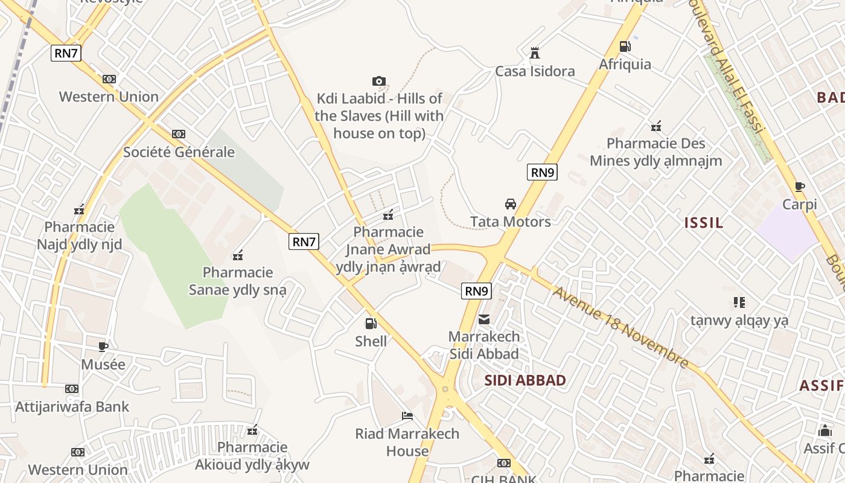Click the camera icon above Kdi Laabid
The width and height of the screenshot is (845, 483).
(379, 82)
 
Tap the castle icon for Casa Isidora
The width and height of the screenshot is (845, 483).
(535, 53)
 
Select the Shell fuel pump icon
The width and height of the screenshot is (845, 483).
(371, 324)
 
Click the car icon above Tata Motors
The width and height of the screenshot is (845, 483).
(511, 204)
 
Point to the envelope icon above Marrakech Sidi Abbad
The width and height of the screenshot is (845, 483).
(484, 319)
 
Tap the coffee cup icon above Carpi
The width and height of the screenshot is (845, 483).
(800, 187)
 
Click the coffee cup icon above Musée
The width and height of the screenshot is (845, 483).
(103, 347)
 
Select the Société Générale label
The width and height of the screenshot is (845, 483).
(179, 152)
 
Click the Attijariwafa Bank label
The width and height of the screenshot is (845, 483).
(72, 406)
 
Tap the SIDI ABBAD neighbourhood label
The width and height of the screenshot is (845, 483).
(525, 380)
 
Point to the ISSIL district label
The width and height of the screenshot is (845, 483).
(704, 223)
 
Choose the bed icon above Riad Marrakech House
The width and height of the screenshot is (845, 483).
(407, 416)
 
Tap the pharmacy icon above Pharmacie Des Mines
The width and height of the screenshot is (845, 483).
(656, 127)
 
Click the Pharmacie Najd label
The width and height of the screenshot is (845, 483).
(79, 235)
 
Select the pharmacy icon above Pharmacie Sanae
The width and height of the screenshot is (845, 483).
(238, 255)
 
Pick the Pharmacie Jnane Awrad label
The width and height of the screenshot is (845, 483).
(389, 249)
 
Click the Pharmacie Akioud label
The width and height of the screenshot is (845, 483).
(252, 456)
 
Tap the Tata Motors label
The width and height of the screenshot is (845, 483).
(511, 222)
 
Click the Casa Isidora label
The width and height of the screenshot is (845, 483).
(535, 71)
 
